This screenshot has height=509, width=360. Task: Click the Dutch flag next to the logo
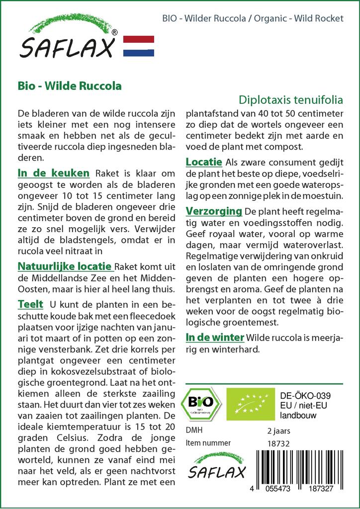tap(138, 46)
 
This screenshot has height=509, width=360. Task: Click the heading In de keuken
tap(53, 173)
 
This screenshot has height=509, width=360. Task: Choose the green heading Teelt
tap(30, 304)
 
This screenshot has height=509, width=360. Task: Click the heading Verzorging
tap(213, 211)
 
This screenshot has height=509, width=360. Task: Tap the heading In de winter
tap(215, 338)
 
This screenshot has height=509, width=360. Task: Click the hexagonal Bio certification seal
tap(200, 402)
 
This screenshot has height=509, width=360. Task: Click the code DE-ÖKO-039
tap(305, 396)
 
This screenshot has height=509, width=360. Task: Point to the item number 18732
tap(279, 443)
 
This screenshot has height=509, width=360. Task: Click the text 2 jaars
tap(279, 430)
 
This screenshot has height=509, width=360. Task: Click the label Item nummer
tap(208, 443)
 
